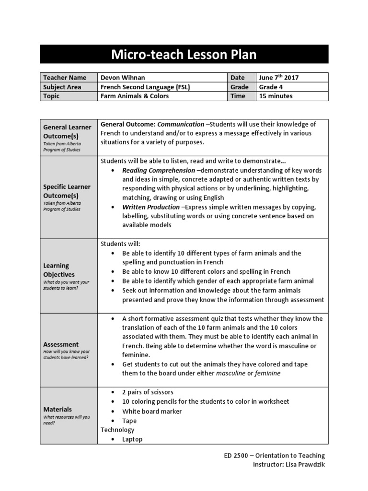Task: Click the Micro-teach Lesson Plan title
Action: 184,55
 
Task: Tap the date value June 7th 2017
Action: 278,78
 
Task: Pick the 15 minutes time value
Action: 276,96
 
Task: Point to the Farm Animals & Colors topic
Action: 134,96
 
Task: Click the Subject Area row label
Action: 62,87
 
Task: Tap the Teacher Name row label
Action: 65,78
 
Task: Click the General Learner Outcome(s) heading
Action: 67,131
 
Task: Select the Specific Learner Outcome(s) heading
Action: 67,191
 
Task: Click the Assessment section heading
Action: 61,344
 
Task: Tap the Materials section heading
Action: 57,409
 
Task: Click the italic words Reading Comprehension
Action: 159,170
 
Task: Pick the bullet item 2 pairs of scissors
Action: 148,392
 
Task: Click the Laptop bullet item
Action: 132,439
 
